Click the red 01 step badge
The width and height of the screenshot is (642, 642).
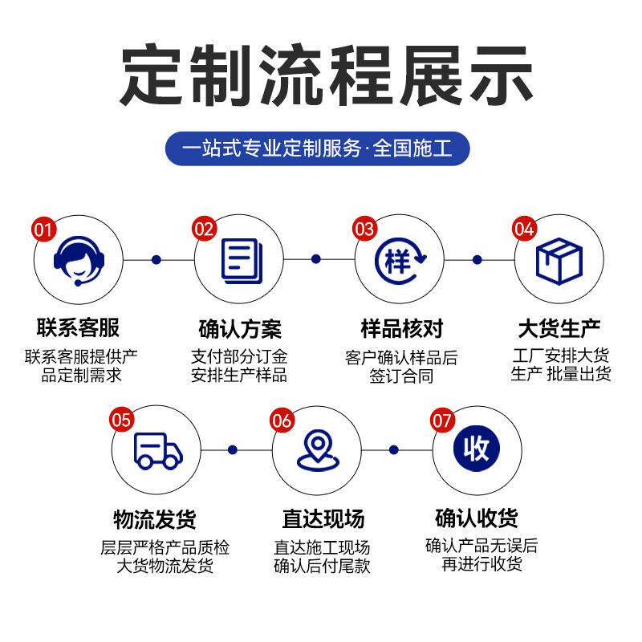coord(43,229)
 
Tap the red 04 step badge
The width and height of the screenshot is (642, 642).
coord(523,229)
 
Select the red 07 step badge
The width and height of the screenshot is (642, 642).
coord(443,420)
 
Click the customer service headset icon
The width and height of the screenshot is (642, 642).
coord(78,260)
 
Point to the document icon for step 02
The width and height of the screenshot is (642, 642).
coord(239,260)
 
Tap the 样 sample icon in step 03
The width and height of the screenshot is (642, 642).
coord(399,260)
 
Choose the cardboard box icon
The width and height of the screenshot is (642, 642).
coord(559,260)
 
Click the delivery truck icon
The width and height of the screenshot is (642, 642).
coord(157,450)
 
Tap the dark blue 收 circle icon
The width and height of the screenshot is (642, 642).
coord(477,449)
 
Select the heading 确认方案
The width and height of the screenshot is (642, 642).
coord(240,329)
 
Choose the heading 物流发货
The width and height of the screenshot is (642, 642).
coord(155,518)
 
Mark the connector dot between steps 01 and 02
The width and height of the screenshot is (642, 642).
coord(156,259)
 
